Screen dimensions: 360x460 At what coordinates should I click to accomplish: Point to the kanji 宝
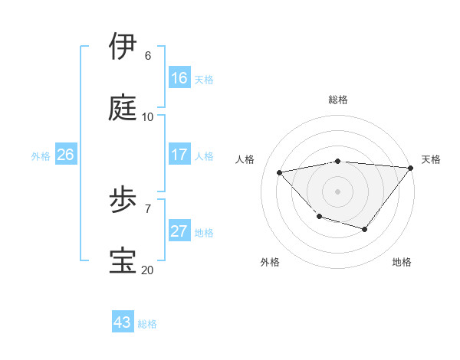click(x=124, y=261)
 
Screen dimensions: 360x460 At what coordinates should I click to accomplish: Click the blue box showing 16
click(x=179, y=77)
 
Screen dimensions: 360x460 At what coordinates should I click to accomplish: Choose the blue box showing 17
click(x=179, y=155)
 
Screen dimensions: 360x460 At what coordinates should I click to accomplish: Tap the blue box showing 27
click(x=179, y=231)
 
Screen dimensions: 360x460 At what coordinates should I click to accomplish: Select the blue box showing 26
click(x=65, y=155)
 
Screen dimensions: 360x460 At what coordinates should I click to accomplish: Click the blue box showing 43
click(x=123, y=323)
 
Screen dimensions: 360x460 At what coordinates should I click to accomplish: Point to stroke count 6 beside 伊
click(x=148, y=56)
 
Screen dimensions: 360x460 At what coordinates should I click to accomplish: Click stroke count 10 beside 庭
click(x=148, y=117)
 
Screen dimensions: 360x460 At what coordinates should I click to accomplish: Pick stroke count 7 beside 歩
click(x=148, y=208)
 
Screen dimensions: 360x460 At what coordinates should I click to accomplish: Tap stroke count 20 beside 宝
click(x=147, y=270)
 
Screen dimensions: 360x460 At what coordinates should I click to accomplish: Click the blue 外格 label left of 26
click(x=41, y=155)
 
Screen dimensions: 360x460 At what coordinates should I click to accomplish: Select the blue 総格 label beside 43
click(x=147, y=324)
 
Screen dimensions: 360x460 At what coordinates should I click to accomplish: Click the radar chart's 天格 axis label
click(x=431, y=159)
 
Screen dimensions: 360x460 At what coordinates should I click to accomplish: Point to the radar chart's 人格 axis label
click(x=245, y=159)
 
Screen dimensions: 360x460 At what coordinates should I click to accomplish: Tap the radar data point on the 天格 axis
click(x=410, y=168)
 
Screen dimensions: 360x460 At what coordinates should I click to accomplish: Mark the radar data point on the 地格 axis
click(x=365, y=229)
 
